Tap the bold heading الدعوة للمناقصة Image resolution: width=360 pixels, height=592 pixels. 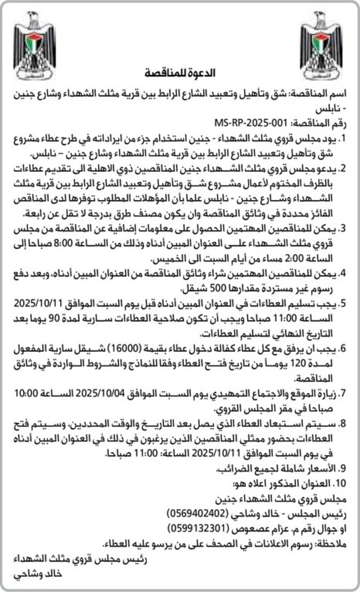click(x=180, y=74)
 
